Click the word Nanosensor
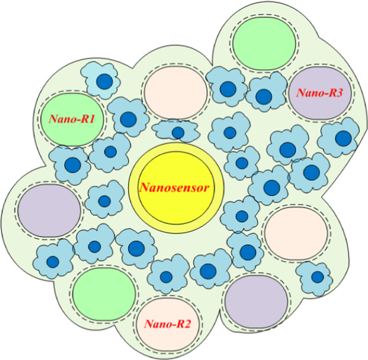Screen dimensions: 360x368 176,187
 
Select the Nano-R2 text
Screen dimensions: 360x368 168,324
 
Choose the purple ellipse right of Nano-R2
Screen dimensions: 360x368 256,300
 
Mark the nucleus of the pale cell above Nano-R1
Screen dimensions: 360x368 104,82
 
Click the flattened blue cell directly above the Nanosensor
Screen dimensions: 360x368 177,132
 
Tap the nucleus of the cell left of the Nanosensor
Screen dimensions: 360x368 104,201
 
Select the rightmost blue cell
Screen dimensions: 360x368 340,138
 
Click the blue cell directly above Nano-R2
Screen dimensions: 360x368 166,277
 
